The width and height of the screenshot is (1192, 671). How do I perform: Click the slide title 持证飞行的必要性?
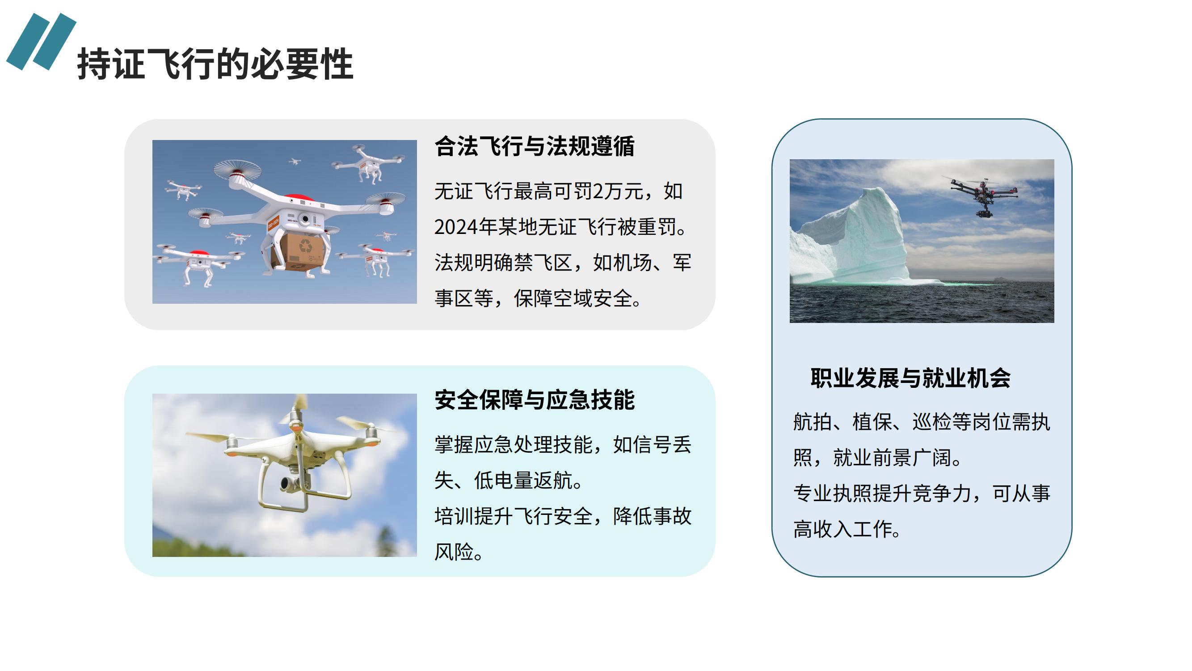[215, 64]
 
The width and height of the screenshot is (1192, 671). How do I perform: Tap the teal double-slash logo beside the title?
[41, 42]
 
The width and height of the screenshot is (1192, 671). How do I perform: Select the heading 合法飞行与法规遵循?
[535, 146]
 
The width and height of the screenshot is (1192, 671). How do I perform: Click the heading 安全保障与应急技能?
[535, 399]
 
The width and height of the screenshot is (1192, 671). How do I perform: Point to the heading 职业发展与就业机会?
[911, 378]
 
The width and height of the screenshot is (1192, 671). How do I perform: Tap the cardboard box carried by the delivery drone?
[302, 251]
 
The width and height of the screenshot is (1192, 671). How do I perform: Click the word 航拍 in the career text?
[813, 422]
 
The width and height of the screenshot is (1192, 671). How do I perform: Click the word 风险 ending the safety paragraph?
[454, 552]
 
